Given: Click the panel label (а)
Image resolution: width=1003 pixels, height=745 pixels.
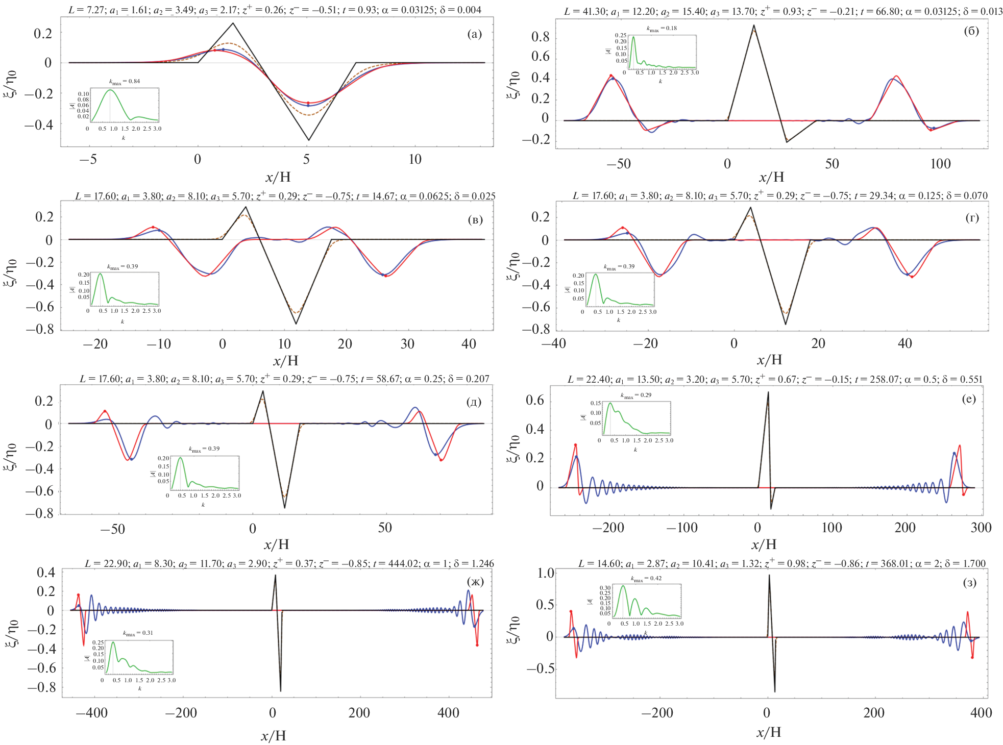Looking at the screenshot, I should point(474,34).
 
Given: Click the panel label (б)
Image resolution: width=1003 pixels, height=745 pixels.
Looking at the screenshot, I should point(971,31).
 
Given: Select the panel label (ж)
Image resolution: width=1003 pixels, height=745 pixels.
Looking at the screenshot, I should point(475,581).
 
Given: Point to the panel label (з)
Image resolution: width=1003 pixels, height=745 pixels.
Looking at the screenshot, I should point(969,583).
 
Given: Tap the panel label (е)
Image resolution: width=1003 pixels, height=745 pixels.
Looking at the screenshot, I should point(969,399).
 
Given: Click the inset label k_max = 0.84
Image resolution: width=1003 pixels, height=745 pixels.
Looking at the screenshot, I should point(125,82).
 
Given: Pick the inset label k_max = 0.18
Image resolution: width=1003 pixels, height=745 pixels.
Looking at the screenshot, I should point(662,29).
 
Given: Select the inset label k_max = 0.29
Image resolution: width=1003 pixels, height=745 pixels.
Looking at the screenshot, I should point(636,395).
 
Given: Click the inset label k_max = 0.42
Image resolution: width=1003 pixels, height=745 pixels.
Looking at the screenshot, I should point(646,579).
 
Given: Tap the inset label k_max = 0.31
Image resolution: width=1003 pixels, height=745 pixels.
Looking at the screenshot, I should point(138,633).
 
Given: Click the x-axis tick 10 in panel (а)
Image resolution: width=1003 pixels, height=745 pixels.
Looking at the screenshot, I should point(415,160).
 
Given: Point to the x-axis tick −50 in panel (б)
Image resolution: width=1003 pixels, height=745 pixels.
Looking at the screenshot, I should point(619,164).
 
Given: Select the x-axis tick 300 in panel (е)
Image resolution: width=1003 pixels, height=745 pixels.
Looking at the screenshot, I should point(981,528).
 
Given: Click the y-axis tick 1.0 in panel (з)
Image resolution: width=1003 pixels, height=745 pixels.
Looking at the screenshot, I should point(546,573).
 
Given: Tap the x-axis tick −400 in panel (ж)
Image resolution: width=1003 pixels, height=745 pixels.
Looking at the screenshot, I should point(92,713).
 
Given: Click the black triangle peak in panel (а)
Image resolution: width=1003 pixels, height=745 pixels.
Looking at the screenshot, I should point(233,23).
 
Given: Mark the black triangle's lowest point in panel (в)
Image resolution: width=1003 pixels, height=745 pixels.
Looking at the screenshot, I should point(296,324).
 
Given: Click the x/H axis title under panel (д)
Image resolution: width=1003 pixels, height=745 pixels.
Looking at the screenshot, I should point(277,544).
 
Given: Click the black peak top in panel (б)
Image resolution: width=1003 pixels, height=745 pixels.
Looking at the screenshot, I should point(753,25).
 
